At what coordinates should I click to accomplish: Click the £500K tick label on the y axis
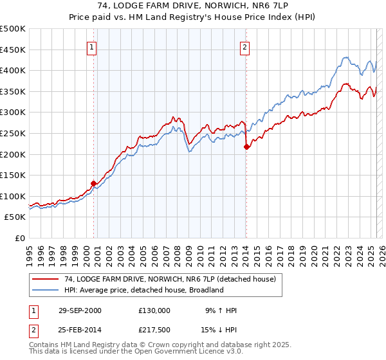tap(13, 29)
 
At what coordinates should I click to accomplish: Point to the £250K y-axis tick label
tap(13, 133)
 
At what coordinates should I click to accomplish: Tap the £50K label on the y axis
tap(15, 217)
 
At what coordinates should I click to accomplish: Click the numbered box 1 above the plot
tap(91, 46)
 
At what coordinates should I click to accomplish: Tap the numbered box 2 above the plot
tap(246, 46)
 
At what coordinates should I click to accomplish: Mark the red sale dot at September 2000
tap(93, 183)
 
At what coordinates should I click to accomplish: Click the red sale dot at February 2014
tap(246, 147)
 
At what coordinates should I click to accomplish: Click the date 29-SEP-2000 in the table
tap(80, 310)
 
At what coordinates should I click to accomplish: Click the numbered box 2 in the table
tap(32, 330)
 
